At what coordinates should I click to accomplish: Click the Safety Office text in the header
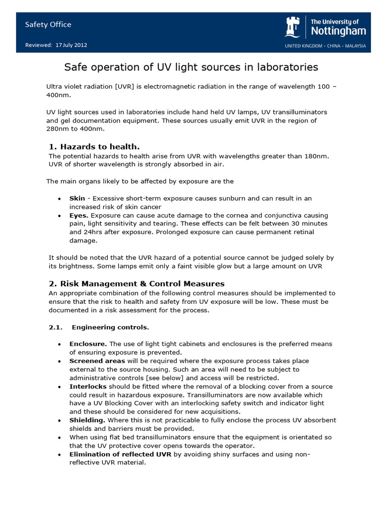(48, 24)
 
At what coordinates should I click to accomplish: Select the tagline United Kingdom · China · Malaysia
(325, 46)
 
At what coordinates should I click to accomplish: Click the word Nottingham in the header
(338, 31)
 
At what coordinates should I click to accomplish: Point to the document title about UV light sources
(191, 67)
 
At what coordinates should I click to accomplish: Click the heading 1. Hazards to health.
(94, 146)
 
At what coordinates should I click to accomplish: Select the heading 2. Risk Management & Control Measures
(136, 283)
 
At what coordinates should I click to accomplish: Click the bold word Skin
(77, 198)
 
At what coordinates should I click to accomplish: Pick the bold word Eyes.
(79, 215)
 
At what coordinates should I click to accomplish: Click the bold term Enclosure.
(88, 344)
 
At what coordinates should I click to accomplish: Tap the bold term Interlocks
(86, 386)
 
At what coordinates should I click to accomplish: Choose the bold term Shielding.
(87, 420)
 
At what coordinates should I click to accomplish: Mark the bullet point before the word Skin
(59, 199)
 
